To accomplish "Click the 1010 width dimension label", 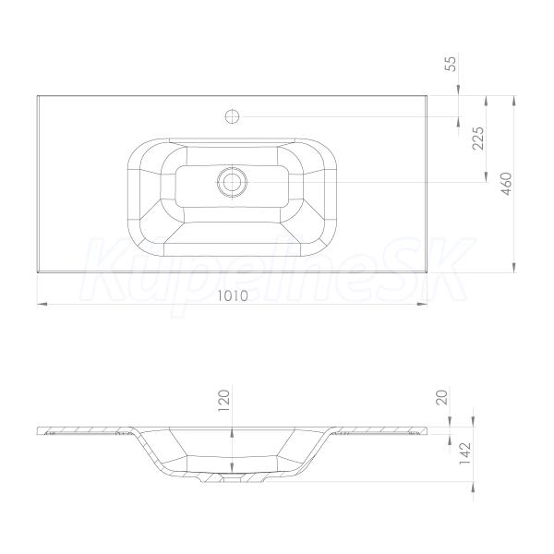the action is coord(232,295).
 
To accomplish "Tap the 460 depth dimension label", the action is coord(506,184).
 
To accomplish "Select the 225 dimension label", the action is coord(478,138).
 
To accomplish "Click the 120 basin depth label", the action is coord(224,401).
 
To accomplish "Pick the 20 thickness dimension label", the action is coord(443,397).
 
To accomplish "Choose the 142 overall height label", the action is coord(465,453).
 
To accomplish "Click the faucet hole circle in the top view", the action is coord(232,116).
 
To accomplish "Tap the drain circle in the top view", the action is coord(232,182).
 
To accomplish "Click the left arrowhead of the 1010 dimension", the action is coord(42,304).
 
